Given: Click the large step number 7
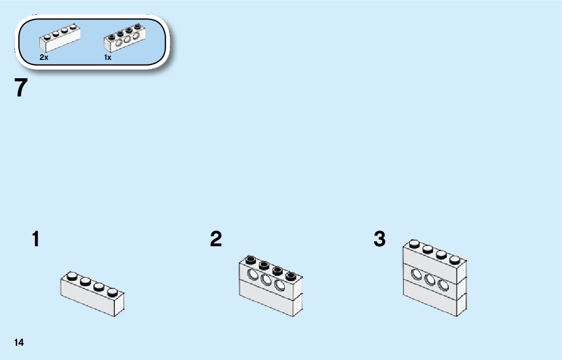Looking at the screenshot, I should [21, 88].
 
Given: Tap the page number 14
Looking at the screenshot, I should [19, 343].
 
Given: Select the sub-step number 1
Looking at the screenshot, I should [35, 239].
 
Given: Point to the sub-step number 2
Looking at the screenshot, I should [216, 239].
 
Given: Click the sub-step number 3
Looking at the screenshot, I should [380, 239].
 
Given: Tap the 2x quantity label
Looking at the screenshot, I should [44, 57].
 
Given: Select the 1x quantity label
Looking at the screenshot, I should [108, 57].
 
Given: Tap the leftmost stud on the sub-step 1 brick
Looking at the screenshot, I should [72, 276].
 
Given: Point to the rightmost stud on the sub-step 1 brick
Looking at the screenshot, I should [112, 291].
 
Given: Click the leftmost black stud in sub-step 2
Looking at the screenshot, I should [251, 260].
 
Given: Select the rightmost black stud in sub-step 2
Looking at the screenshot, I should [291, 276].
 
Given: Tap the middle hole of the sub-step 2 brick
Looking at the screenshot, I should [266, 280].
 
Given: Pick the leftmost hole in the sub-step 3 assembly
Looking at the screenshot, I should [416, 274].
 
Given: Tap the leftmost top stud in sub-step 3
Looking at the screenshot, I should [415, 245].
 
